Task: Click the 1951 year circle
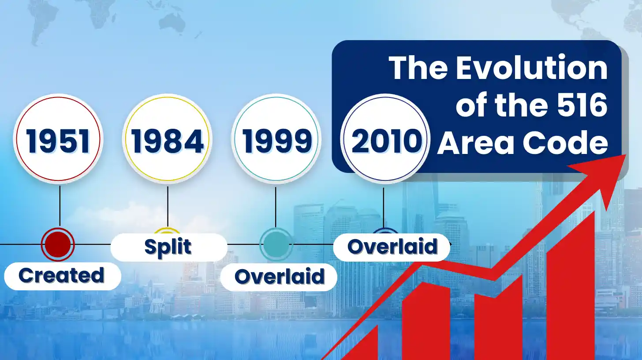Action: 58,139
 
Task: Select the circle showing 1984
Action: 167,139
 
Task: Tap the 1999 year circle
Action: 276,139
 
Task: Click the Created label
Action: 62,276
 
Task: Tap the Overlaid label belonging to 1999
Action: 279,277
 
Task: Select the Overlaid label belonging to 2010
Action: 392,247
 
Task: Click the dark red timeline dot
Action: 58,244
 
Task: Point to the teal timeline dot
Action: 276,243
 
